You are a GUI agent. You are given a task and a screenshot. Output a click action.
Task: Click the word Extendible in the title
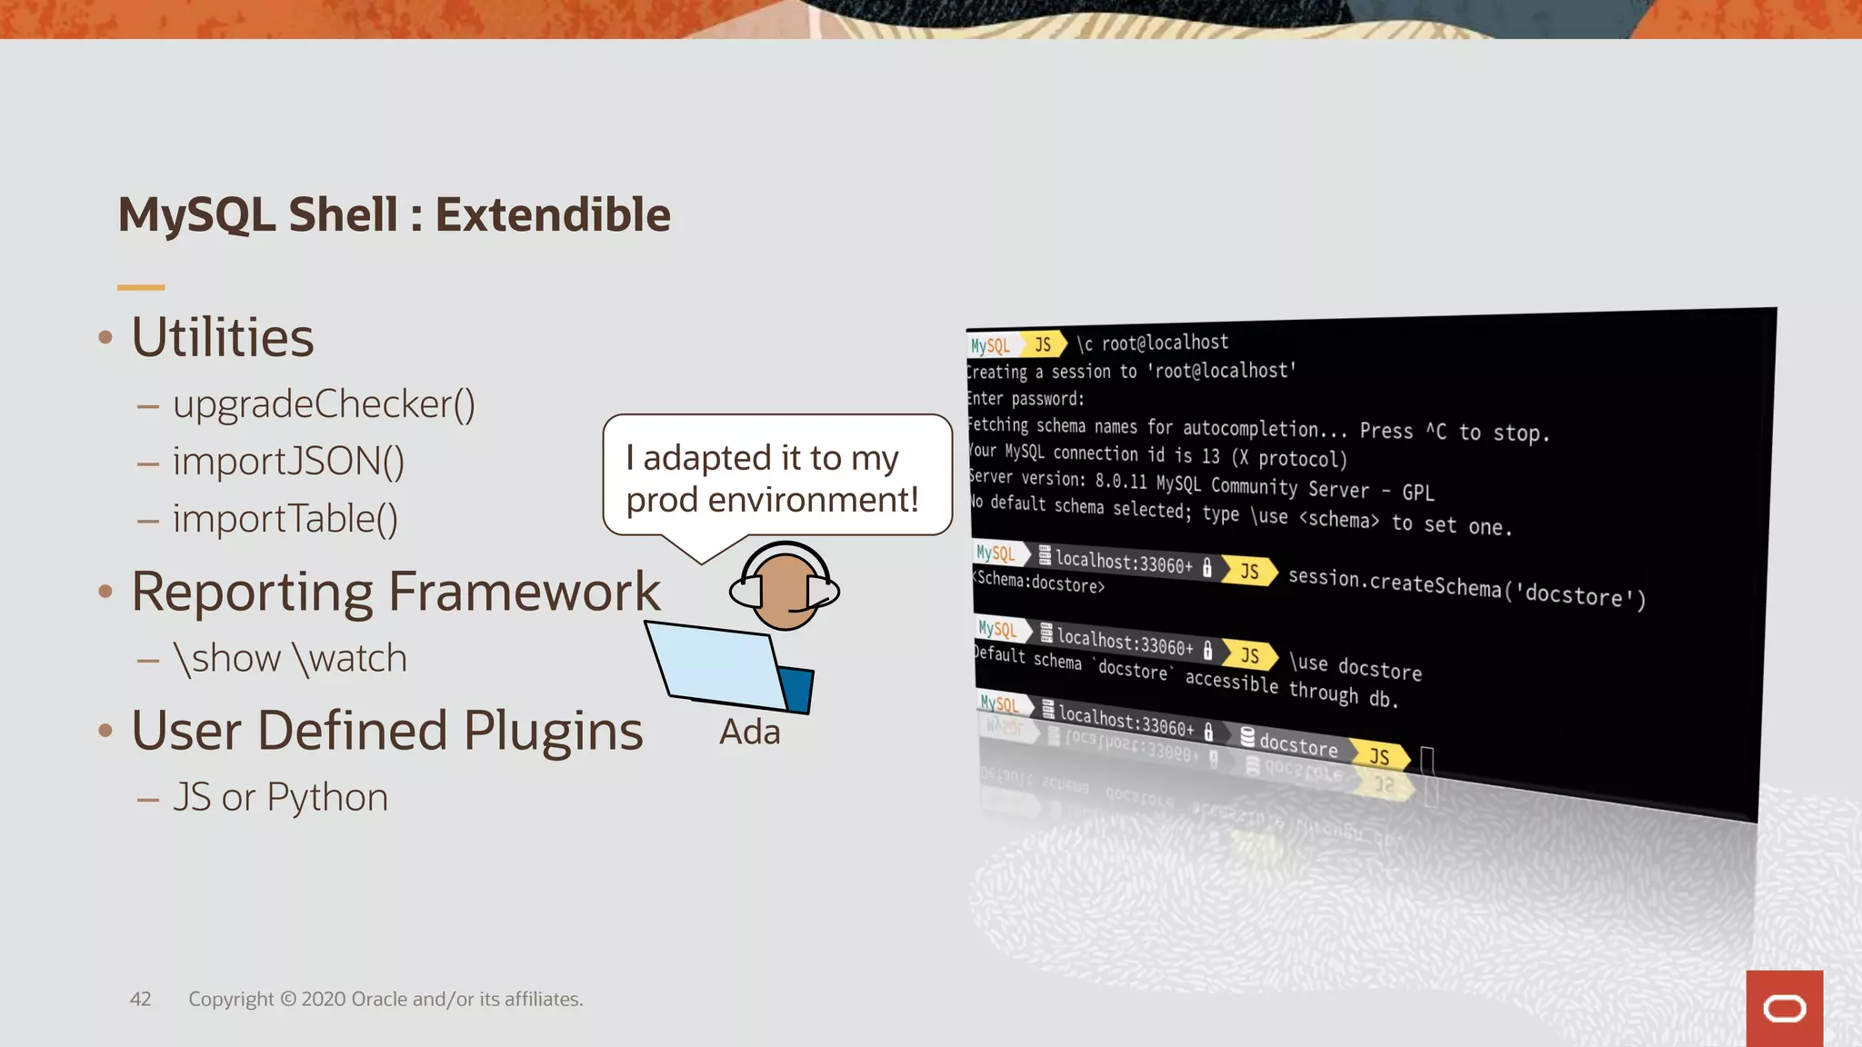click(x=553, y=215)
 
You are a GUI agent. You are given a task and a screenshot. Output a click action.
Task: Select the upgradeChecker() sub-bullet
click(x=324, y=404)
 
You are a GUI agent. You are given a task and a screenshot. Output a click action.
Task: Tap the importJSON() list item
click(x=288, y=462)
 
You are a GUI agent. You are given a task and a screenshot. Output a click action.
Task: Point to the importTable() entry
click(x=285, y=519)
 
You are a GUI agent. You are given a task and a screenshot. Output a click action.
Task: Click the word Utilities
click(x=223, y=338)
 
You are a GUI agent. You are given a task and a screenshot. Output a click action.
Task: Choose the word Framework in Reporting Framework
click(x=525, y=593)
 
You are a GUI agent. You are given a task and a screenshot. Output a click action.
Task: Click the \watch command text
click(x=350, y=659)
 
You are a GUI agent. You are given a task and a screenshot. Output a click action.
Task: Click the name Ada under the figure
click(x=749, y=733)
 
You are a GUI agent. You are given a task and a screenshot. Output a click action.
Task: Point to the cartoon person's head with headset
click(x=784, y=589)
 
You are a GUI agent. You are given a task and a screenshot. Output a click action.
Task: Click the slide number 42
click(x=140, y=999)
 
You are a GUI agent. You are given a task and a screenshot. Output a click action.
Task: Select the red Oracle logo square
click(x=1784, y=1008)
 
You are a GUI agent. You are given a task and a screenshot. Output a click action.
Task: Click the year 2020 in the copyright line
click(x=323, y=999)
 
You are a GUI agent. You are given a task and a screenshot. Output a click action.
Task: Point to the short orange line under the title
click(x=141, y=287)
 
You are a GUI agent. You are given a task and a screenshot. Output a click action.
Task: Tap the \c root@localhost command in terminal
click(x=1152, y=343)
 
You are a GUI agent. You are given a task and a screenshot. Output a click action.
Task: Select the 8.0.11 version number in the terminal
click(x=1121, y=481)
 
